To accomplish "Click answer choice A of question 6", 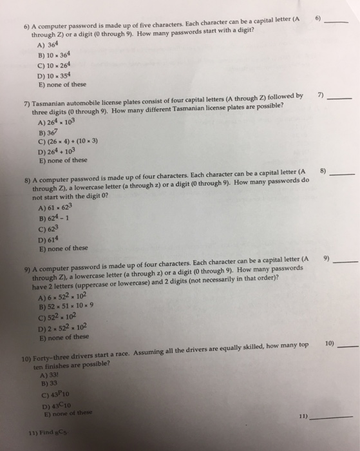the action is click(x=50, y=46).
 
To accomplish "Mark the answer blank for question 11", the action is click(x=334, y=419).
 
